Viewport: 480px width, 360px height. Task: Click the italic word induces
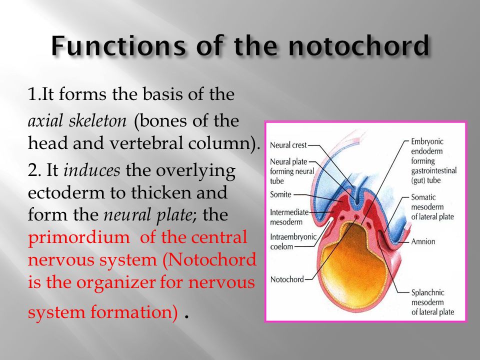[92, 170]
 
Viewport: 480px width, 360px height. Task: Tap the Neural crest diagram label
[288, 145]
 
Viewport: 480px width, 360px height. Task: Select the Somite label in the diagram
[280, 193]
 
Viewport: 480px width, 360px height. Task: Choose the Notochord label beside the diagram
[286, 279]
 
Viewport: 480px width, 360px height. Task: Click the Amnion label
[423, 241]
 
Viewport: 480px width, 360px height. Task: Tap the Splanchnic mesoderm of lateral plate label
[432, 302]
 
